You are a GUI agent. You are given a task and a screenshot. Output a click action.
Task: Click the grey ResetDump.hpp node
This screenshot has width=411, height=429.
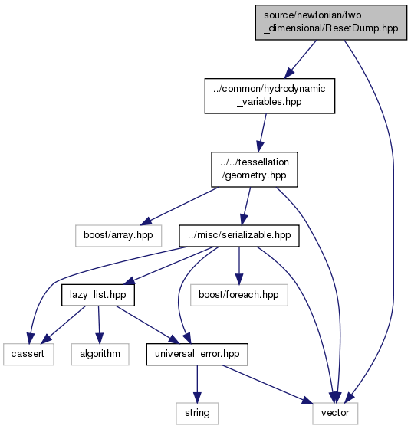[331, 22]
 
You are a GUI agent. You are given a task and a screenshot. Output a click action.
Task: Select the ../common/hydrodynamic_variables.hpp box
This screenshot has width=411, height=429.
[270, 96]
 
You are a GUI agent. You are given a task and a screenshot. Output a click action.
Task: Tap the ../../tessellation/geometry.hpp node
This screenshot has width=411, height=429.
[255, 169]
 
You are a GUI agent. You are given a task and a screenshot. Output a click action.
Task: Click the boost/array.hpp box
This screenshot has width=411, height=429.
[119, 236]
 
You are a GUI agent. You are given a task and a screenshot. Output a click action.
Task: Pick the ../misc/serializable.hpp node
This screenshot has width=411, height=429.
[239, 236]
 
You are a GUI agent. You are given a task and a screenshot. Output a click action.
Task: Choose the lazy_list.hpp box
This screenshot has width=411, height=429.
[98, 295]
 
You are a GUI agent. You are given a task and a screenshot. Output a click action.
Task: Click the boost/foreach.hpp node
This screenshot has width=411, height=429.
[239, 295]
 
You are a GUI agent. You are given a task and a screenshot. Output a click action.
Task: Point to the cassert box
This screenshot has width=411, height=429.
[28, 354]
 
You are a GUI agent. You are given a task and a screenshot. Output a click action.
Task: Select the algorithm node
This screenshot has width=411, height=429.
[100, 354]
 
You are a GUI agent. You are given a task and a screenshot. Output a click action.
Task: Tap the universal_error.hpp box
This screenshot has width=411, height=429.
[197, 354]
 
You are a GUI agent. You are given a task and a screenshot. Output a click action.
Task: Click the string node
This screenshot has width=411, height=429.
[197, 414]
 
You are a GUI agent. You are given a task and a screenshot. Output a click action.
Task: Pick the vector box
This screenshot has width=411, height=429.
[335, 414]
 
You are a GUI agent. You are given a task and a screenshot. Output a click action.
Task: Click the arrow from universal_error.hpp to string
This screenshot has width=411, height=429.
[197, 384]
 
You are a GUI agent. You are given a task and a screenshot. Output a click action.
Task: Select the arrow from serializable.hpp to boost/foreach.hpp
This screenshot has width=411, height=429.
[239, 266]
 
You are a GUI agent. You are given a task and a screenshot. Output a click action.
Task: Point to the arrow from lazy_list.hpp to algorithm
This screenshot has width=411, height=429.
[99, 325]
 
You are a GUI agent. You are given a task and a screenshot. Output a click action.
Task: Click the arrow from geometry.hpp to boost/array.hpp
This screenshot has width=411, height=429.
[179, 206]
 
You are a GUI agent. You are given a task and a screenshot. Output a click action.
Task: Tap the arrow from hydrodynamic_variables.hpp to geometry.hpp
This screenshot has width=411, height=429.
[262, 133]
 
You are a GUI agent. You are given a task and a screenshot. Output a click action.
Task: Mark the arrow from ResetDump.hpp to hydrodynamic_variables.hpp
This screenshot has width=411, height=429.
[301, 60]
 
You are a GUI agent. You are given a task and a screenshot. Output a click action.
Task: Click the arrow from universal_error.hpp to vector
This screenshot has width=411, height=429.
[268, 384]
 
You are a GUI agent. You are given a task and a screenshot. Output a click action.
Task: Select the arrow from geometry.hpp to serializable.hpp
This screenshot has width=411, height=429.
[246, 206]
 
